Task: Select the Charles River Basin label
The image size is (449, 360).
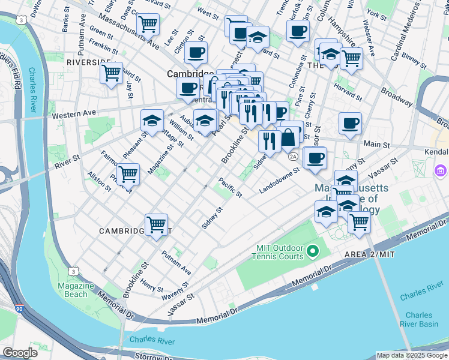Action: pyautogui.click(x=418, y=319)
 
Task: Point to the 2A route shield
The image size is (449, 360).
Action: pyautogui.click(x=293, y=157)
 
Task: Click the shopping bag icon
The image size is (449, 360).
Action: pyautogui.click(x=289, y=137)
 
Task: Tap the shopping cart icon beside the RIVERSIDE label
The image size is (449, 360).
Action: pyautogui.click(x=112, y=73)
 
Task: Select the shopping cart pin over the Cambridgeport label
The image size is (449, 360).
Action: pyautogui.click(x=156, y=224)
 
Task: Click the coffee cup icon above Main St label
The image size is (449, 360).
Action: pyautogui.click(x=350, y=124)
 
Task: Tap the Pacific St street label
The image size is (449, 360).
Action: pyautogui.click(x=230, y=187)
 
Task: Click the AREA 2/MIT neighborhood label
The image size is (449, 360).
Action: pyautogui.click(x=369, y=255)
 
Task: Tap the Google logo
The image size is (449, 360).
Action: pyautogui.click(x=20, y=353)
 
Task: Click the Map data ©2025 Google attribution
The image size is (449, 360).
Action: pyautogui.click(x=411, y=355)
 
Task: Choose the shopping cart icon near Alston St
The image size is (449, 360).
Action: pyautogui.click(x=128, y=174)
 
